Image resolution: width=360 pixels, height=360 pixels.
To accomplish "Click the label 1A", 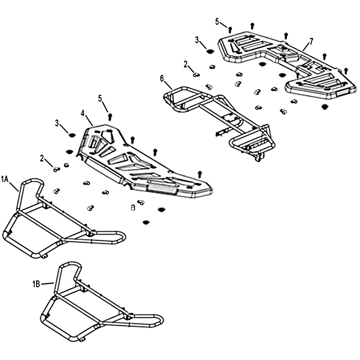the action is [x=5, y=179].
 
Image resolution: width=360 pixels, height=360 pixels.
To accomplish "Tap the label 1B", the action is [x=36, y=284].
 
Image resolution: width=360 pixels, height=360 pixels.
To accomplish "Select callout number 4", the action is [x=83, y=113].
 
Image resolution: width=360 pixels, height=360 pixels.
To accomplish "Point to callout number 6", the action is [x=162, y=79].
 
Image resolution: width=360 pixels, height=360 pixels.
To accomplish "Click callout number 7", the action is [x=311, y=41].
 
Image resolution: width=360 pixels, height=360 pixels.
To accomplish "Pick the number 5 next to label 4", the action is [x=100, y=98].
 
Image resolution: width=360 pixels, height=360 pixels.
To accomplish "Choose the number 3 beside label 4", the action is [x=57, y=123].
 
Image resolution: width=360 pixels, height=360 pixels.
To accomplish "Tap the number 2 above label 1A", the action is [x=42, y=158].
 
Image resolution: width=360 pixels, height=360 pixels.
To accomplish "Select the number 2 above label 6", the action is [x=185, y=64].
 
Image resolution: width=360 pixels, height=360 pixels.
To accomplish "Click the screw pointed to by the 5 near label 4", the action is [x=110, y=117].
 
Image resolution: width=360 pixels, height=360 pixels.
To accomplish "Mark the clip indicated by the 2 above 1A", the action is [x=56, y=170].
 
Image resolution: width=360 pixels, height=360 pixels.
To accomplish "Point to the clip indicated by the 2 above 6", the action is [x=196, y=75].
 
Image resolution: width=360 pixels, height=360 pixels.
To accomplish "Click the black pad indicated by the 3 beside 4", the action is [x=72, y=135].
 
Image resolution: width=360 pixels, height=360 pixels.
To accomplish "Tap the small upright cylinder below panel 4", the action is [x=133, y=207].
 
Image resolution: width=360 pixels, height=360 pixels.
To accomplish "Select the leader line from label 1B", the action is [x=48, y=284].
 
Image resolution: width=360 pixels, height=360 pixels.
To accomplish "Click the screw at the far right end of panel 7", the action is [x=346, y=71].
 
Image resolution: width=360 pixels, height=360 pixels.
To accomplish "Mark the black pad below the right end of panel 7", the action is [x=324, y=107].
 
